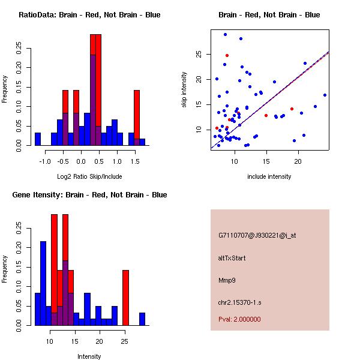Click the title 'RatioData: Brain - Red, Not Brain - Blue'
89,15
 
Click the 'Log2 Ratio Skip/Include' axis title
89,176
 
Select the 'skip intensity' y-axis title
184,90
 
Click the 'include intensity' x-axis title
269,176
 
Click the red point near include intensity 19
292,109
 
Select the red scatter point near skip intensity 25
227,55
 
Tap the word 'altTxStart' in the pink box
232,258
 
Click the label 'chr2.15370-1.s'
239,302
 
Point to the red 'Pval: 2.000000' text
239,319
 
